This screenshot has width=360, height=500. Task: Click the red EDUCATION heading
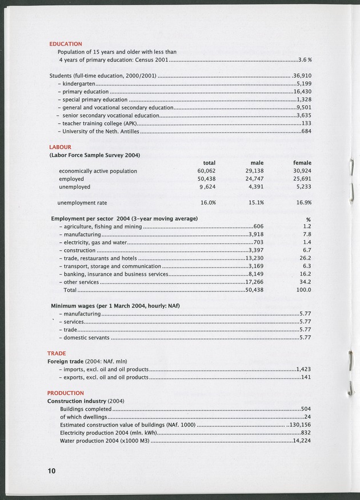[x=66, y=43]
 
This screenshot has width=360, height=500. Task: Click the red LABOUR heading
[x=61, y=147]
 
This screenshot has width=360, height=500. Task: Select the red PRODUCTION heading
[x=65, y=393]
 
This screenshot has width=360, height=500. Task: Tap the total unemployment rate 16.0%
[x=207, y=202]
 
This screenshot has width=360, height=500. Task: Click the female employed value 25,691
[x=301, y=179]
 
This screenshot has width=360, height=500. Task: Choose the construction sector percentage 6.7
[x=306, y=250]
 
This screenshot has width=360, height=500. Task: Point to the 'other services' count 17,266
[x=254, y=282]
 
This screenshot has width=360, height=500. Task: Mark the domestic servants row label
[x=86, y=338]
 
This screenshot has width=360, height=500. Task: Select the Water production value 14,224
[x=301, y=441]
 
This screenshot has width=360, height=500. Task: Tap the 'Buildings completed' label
[x=86, y=409]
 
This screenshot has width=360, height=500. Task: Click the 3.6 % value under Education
[x=305, y=59]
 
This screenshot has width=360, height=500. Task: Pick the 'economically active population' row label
[x=98, y=171]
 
